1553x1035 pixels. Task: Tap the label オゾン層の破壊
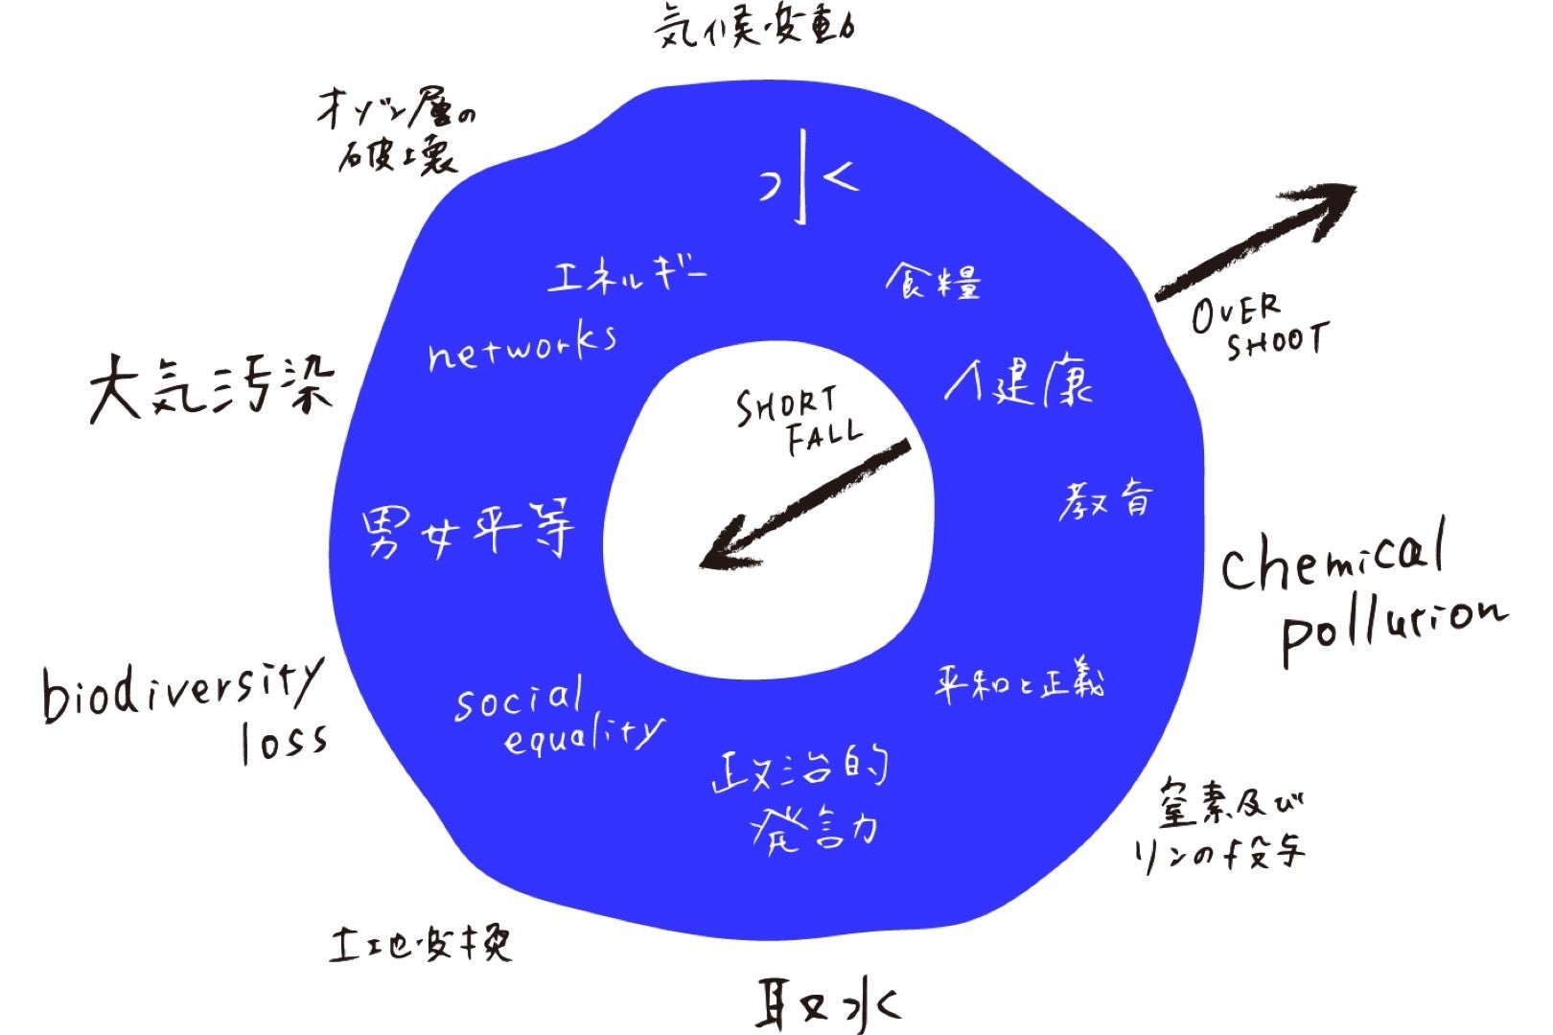point(397,138)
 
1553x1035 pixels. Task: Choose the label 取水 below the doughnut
point(826,1003)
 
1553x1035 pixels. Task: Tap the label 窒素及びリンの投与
point(1219,823)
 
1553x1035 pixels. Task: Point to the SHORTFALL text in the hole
point(797,421)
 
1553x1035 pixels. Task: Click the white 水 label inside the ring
point(806,178)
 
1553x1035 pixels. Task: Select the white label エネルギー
point(627,275)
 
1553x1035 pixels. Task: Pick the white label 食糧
point(933,280)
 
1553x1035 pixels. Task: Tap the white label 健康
point(1019,382)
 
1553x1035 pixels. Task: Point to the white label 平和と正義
point(1020,682)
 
